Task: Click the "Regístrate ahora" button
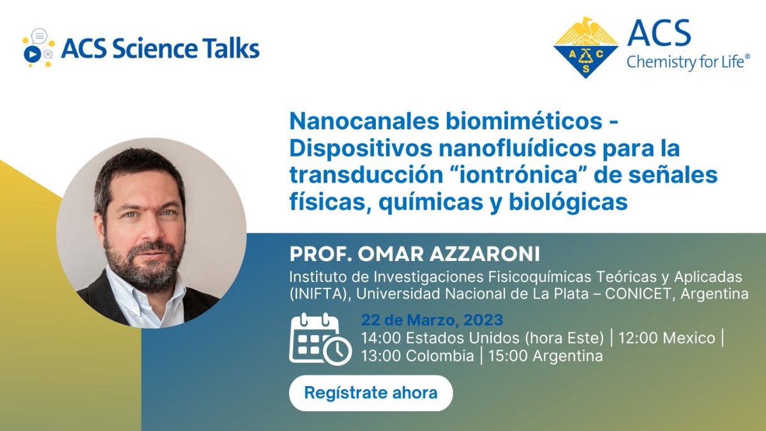[x=370, y=393]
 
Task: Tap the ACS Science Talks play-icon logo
[x=36, y=49]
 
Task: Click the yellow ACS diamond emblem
[x=585, y=48]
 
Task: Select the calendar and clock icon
[x=320, y=339]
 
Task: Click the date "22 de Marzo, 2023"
[x=432, y=320]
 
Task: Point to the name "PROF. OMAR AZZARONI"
[x=415, y=253]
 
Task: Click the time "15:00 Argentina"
[x=545, y=356]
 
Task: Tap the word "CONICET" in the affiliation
[x=610, y=294]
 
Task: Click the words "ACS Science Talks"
[x=160, y=49]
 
